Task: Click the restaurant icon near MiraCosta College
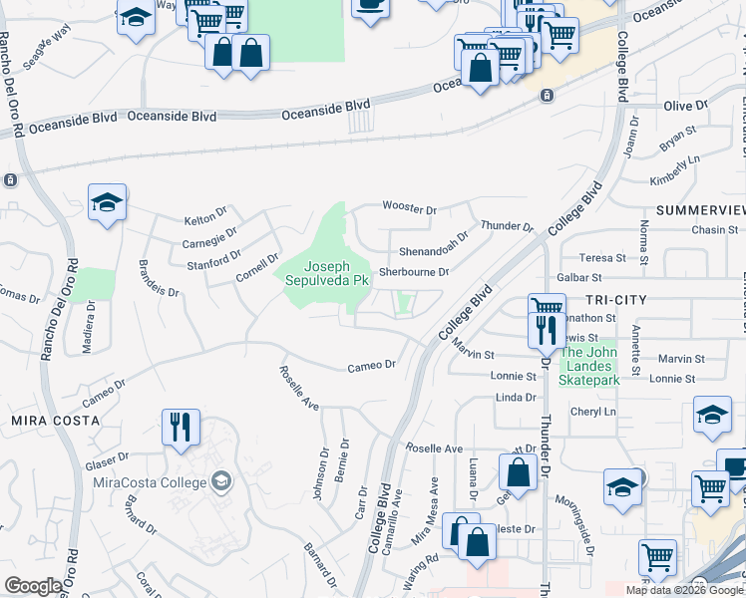181,427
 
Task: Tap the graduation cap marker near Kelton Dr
108,203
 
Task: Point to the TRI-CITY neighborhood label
616,300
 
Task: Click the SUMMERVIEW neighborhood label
701,210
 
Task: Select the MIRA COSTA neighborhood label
55,422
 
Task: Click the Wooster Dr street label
410,209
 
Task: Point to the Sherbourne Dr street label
415,271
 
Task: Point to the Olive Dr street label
685,106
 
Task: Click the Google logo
34,586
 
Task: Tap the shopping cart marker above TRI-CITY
547,307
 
